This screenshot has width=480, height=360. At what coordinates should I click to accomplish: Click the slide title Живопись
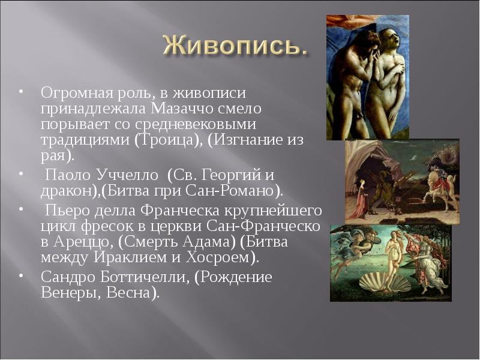[x=236, y=46]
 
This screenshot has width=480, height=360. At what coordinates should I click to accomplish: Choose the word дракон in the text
[x=62, y=191]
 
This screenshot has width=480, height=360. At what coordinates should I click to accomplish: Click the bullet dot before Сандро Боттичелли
[x=20, y=275]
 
